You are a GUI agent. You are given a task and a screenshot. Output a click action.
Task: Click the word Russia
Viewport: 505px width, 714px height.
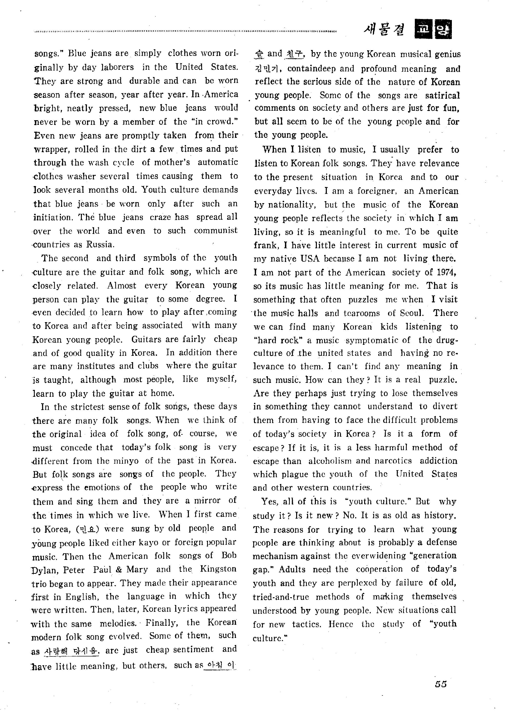(x=100, y=244)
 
